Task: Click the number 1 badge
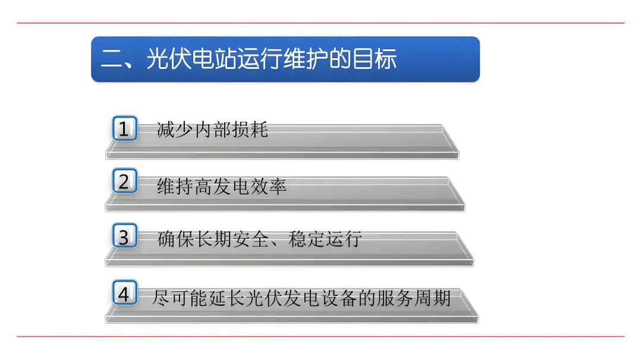[124, 129]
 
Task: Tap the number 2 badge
[124, 182]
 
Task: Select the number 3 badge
[124, 237]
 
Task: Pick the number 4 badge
[124, 294]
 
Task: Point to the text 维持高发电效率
[222, 187]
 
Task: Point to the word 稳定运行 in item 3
[325, 239]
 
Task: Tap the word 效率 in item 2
[268, 187]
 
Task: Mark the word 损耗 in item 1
[250, 130]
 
